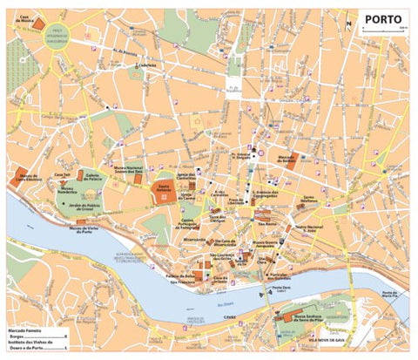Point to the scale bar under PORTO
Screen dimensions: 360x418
point(384,32)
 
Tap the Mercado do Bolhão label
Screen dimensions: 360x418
point(287,160)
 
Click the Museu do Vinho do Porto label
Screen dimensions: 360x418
point(81,230)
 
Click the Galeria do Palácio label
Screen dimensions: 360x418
point(91,175)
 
